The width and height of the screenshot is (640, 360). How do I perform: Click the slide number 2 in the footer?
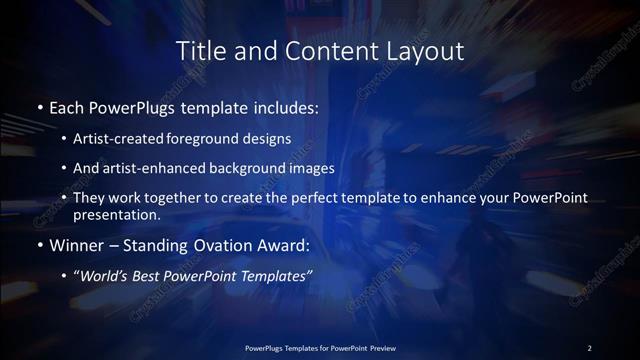point(589,348)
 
